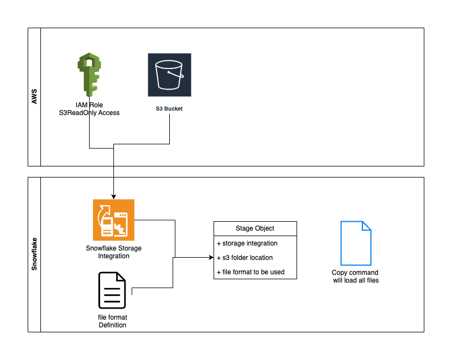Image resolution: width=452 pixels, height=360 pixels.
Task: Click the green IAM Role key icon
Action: point(89,74)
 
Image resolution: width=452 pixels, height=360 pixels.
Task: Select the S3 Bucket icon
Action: point(169,75)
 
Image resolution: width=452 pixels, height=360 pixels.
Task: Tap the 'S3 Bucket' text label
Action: point(169,109)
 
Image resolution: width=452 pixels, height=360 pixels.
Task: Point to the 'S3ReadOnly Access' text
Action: point(90,113)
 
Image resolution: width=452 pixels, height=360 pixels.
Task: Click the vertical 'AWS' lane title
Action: point(34,97)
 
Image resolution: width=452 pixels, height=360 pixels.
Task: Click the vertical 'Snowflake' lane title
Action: point(34,254)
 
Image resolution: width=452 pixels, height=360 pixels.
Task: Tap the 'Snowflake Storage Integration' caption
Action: point(113,252)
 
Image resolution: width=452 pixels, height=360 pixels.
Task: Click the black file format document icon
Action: point(112,290)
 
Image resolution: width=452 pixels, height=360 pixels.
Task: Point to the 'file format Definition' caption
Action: point(112,321)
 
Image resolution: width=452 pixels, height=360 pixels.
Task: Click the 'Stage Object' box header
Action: point(255,228)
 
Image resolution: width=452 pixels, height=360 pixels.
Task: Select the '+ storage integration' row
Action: point(247,243)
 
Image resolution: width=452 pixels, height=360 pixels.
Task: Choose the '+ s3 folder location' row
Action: point(245,258)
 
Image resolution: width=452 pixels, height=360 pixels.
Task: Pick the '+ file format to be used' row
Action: point(251,272)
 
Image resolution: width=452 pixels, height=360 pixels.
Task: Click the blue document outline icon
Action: point(355,243)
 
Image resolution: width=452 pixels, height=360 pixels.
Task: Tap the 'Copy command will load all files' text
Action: point(355,276)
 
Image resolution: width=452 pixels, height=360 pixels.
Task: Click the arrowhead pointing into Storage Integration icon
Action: point(113,196)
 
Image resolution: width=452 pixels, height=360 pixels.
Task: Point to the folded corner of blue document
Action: point(366,226)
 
